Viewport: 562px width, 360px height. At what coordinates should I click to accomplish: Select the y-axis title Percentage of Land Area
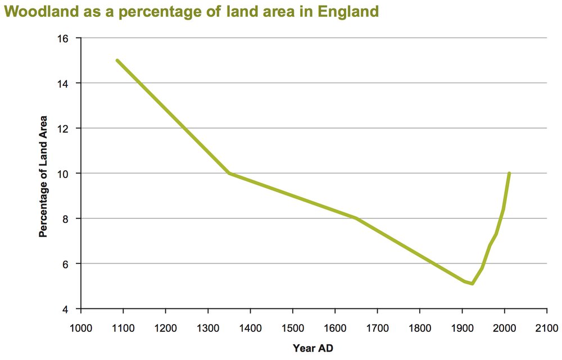coord(43,176)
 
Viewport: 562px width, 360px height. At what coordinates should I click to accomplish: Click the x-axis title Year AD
coord(313,348)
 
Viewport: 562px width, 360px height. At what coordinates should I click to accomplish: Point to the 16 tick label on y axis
coord(62,38)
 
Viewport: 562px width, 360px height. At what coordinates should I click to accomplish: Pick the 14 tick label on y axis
coord(62,83)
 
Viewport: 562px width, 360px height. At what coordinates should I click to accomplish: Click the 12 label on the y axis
coord(62,129)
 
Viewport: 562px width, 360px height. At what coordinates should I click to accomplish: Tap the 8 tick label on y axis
coord(65,218)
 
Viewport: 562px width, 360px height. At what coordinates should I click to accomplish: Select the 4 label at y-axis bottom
coord(65,309)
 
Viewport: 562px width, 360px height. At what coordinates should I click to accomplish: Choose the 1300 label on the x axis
coord(207,327)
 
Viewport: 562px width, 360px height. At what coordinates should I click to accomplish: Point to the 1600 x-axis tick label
coord(334,327)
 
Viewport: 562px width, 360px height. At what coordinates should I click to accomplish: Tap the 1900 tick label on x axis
coord(461,327)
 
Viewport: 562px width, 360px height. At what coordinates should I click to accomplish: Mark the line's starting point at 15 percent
coord(117,61)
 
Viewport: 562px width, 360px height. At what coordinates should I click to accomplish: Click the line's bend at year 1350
coord(229,174)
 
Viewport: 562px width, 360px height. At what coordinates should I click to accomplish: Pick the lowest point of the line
coord(473,284)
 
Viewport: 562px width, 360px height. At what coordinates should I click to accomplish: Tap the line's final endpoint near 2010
coord(509,174)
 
